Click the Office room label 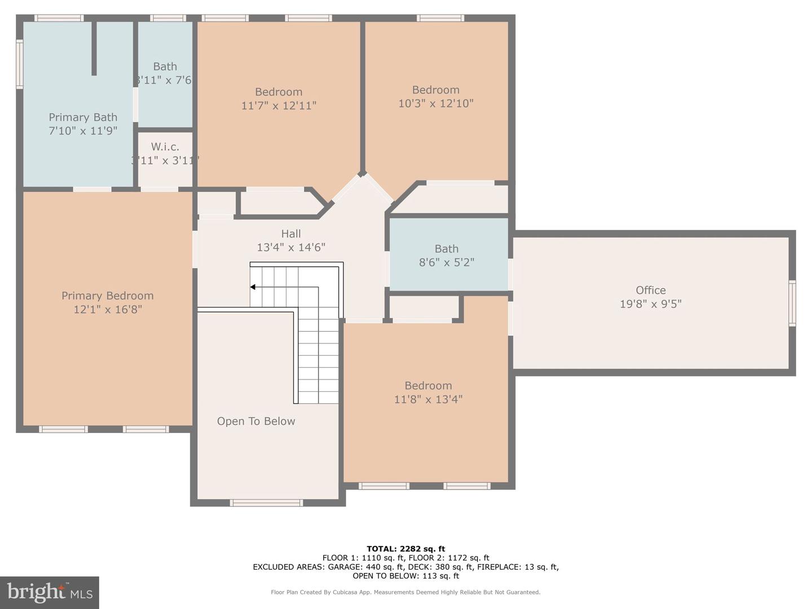[650, 290]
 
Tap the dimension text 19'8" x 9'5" [650, 304]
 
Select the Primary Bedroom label [107, 296]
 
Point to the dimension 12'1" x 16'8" [107, 310]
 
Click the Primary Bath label [83, 117]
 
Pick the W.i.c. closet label [165, 147]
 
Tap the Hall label [291, 233]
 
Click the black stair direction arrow [253, 287]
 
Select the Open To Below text [256, 421]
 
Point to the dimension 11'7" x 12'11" [279, 105]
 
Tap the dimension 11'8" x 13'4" [428, 399]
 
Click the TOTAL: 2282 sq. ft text [405, 549]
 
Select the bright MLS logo [50, 592]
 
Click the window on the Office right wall [792, 303]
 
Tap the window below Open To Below [266, 502]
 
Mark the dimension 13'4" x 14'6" [291, 247]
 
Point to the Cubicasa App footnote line [405, 592]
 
